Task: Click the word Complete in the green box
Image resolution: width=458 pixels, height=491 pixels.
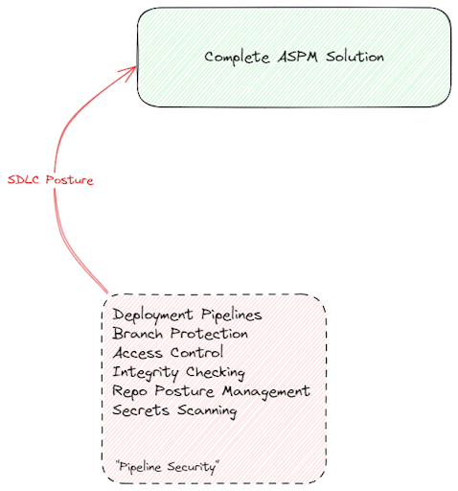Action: coord(237,58)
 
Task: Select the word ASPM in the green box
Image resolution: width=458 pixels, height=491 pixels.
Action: coord(298,57)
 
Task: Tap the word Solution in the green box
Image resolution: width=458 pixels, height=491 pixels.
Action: coord(355,57)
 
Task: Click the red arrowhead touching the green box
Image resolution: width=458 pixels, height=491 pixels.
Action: coord(129,72)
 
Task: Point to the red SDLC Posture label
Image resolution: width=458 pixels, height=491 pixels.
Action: coord(51,180)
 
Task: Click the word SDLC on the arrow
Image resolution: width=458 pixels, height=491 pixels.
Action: coord(23,179)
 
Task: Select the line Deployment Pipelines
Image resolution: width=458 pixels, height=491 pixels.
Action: coord(187,315)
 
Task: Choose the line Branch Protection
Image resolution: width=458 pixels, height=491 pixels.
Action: coord(180,334)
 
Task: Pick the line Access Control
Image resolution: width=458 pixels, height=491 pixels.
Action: coord(168,353)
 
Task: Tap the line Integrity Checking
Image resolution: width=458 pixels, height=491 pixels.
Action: coord(179,372)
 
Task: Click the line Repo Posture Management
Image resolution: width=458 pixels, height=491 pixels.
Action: coord(211,391)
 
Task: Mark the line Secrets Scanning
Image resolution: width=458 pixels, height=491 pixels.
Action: coord(174,410)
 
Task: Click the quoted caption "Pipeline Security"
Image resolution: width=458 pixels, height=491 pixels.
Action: coord(168,467)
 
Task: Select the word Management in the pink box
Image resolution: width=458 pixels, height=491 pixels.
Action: coord(266,391)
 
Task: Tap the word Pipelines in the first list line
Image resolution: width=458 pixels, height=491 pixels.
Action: coord(232,315)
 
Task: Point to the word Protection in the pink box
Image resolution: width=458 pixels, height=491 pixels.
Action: coord(209,334)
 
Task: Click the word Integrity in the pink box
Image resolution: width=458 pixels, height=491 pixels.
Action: coord(146,372)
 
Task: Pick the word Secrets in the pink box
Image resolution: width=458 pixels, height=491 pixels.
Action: coord(141,410)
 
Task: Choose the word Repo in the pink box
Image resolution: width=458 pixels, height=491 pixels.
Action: coord(130,392)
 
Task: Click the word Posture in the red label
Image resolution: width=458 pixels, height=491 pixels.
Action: coord(70,180)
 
